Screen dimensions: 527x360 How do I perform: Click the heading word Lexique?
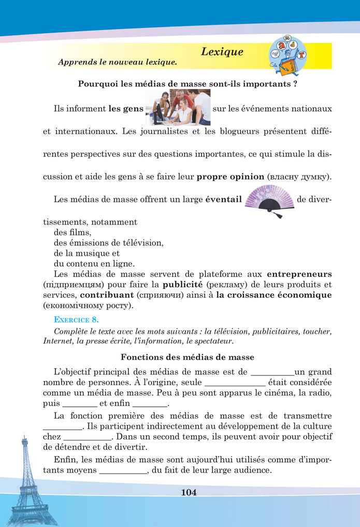coord(222,52)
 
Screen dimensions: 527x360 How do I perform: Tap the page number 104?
coord(189,492)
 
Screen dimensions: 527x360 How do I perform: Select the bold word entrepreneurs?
coord(299,273)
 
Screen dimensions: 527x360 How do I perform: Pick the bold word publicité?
coord(182,284)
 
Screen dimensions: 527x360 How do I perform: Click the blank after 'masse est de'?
coord(272,373)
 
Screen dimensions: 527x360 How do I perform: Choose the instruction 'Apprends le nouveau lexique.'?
coord(118,62)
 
